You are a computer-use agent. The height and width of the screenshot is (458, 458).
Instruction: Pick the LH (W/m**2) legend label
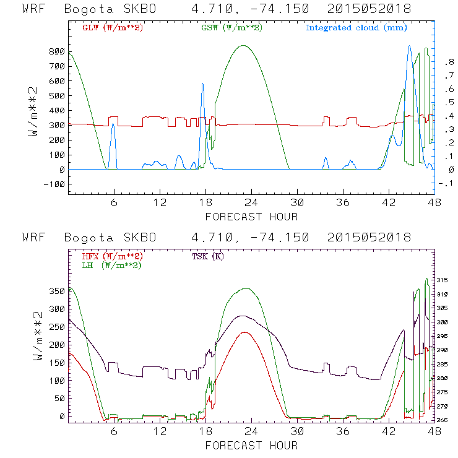pos(112,265)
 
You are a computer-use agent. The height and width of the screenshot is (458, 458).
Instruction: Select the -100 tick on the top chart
pos(54,184)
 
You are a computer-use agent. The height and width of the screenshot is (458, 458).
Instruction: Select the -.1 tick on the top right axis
pos(448,184)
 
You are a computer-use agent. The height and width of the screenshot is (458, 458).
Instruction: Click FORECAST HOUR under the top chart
pos(251,217)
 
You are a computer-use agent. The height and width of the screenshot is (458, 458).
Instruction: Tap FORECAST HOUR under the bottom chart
pos(251,446)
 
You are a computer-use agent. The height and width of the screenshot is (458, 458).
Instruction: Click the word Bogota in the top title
pos(83,9)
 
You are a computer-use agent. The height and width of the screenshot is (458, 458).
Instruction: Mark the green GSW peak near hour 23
pos(243,45)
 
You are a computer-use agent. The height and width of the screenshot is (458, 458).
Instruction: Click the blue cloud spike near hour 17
pos(202,84)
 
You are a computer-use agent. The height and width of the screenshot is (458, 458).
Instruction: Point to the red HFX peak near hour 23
pos(246,332)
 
